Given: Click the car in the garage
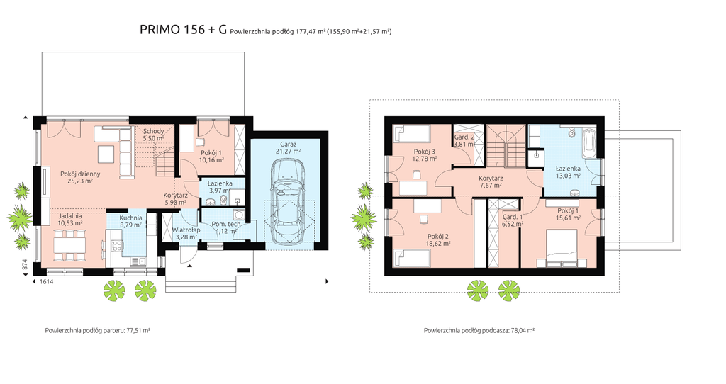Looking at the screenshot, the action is (x=287, y=201).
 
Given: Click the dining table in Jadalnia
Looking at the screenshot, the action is (x=69, y=244).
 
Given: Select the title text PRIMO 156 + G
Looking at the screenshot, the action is (x=184, y=30).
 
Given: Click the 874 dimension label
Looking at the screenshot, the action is (x=25, y=264).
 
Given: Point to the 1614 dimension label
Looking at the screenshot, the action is (x=47, y=281).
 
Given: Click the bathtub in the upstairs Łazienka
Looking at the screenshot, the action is (x=589, y=144).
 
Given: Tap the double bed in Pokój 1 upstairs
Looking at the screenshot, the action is (x=562, y=249).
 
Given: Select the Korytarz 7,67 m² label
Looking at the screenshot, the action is (x=491, y=182).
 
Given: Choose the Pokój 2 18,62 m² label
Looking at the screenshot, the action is (x=438, y=239).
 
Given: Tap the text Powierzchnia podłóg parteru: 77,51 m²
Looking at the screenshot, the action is (x=98, y=331).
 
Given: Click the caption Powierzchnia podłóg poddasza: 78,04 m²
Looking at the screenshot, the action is (x=479, y=331).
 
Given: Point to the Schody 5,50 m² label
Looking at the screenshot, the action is (x=153, y=135).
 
